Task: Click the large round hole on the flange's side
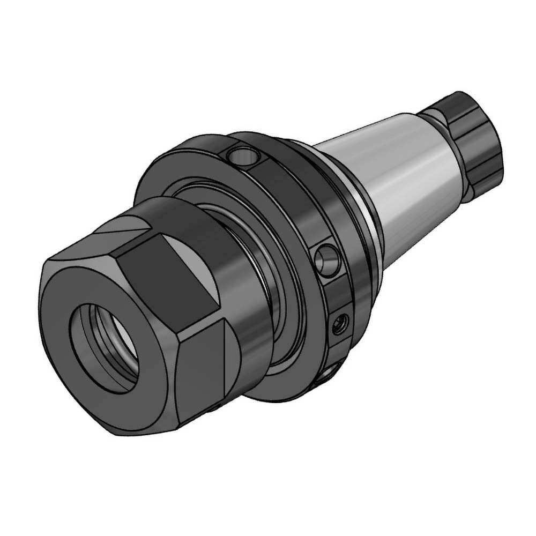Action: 326,259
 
